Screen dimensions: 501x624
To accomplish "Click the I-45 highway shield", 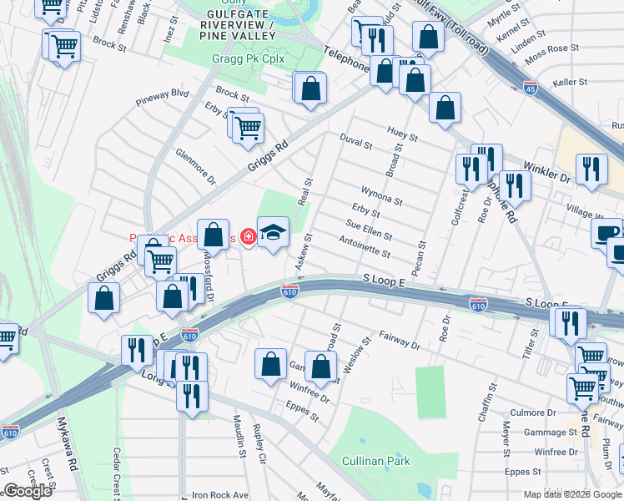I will pos(531,85).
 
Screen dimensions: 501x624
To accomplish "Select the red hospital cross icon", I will pos(247,237).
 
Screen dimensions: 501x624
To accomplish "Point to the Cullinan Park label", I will pos(376,461).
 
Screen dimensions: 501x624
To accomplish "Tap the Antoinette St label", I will pos(365,246).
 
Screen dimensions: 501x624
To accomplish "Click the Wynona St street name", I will pos(381,195).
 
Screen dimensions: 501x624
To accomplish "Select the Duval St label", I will pos(355,143).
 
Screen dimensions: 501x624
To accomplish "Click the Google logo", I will pos(28,491).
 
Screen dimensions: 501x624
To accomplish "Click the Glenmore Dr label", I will pos(195,167).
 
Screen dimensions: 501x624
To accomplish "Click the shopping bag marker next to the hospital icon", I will pos(214,235).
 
